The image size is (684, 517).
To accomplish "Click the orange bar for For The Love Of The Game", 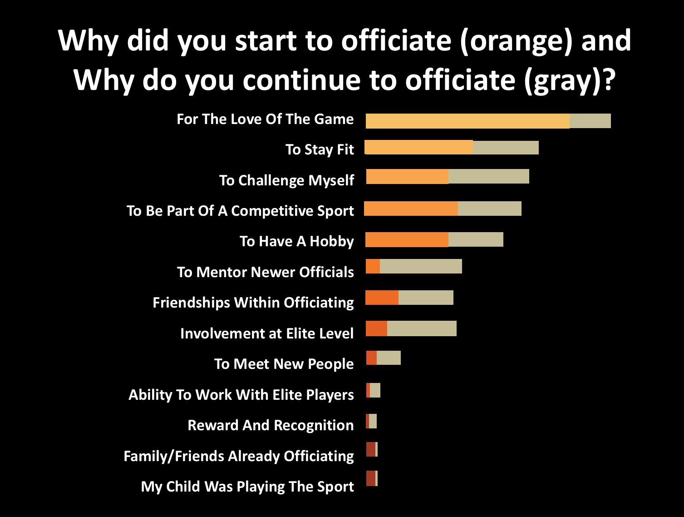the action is [x=467, y=121].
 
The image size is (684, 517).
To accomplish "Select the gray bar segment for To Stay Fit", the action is [x=506, y=148].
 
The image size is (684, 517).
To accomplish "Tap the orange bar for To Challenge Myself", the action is [x=407, y=176].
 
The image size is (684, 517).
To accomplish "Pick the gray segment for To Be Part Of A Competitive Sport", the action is [x=490, y=209].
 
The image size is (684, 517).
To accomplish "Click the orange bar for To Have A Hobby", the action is [x=407, y=239].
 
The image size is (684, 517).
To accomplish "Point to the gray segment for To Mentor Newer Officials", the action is [x=421, y=266].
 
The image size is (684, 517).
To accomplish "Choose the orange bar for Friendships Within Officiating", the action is [x=382, y=298].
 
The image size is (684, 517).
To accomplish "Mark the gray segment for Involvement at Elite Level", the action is [x=422, y=328].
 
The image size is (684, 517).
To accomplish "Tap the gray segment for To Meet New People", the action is [x=389, y=358].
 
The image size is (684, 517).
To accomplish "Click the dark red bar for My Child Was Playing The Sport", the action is [x=371, y=478].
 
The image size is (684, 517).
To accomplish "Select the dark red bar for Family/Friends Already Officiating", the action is [x=371, y=449].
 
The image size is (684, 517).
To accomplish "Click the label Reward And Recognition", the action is [x=271, y=425].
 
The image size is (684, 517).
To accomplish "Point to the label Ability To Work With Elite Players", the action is [x=241, y=395].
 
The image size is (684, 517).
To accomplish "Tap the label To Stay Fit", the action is [x=320, y=149].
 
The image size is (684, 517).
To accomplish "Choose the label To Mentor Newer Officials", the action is [x=266, y=272].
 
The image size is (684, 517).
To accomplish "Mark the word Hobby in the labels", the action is [x=332, y=242].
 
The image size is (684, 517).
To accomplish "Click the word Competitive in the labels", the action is [x=272, y=211].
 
